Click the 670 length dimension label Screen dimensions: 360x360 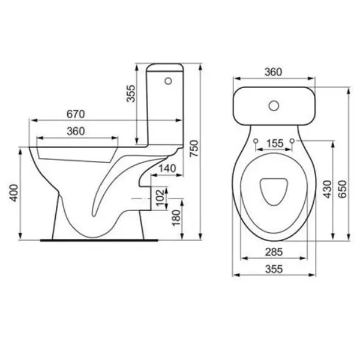tap(76, 114)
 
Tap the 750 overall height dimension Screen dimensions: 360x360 tap(194, 149)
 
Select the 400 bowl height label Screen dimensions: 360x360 tap(14, 193)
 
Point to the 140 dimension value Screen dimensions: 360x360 tap(167, 168)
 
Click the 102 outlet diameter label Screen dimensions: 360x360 tap(160, 197)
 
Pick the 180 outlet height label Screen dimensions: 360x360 tap(176, 218)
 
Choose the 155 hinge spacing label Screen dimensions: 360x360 tap(275, 143)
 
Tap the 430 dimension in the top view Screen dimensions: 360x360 tap(328, 189)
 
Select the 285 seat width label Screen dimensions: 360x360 tap(274, 252)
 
